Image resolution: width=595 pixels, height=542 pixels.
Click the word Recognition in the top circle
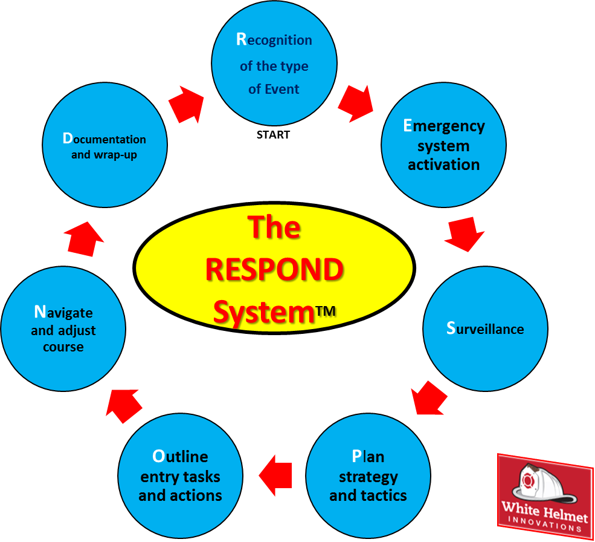click(274, 41)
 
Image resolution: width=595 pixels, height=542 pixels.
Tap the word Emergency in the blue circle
click(443, 126)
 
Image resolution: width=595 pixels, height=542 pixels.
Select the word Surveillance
click(485, 329)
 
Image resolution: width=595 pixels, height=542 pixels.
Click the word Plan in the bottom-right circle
click(368, 456)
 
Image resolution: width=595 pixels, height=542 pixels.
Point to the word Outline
click(180, 456)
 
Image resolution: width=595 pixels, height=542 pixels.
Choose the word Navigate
click(63, 313)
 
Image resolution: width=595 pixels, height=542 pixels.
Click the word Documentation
click(104, 139)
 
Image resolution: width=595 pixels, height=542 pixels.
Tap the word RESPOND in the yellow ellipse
click(274, 270)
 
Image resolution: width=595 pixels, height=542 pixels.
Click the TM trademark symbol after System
click(325, 311)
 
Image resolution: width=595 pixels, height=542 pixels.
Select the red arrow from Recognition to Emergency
click(355, 101)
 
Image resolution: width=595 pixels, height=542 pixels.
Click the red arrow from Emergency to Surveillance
click(465, 235)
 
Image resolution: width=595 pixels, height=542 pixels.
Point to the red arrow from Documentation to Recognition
click(185, 104)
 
